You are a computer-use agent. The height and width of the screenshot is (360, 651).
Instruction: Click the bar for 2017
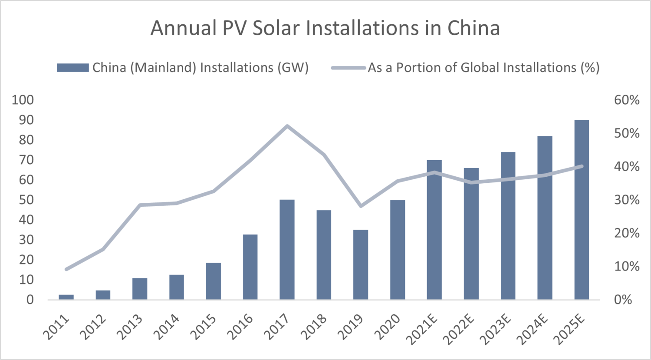coord(287,249)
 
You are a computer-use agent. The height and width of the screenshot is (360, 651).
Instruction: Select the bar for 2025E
coord(582,210)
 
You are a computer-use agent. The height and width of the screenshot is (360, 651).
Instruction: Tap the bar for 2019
coord(361,264)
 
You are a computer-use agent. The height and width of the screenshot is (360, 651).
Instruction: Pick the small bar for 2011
coord(66,297)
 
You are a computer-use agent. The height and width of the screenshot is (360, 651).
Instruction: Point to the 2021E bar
coord(434,230)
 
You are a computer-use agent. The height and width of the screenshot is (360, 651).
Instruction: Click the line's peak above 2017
coord(287,126)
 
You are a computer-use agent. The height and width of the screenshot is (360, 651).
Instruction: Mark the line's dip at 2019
coord(361,206)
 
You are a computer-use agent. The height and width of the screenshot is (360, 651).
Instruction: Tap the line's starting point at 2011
coord(66,269)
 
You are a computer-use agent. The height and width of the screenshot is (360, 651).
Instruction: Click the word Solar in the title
coord(274,28)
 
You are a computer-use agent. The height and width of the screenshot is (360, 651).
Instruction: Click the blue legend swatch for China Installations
coord(72,68)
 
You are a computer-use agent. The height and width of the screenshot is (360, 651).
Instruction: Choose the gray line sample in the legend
coord(348,68)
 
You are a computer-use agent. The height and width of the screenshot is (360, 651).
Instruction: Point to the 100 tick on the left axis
coord(23,100)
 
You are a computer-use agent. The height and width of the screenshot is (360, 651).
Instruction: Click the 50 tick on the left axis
coord(26,200)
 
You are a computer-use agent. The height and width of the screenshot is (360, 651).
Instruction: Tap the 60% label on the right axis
coord(626,100)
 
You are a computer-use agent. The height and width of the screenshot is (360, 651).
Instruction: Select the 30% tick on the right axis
coord(626,200)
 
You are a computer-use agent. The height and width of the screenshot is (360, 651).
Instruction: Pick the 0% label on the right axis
coord(623,300)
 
